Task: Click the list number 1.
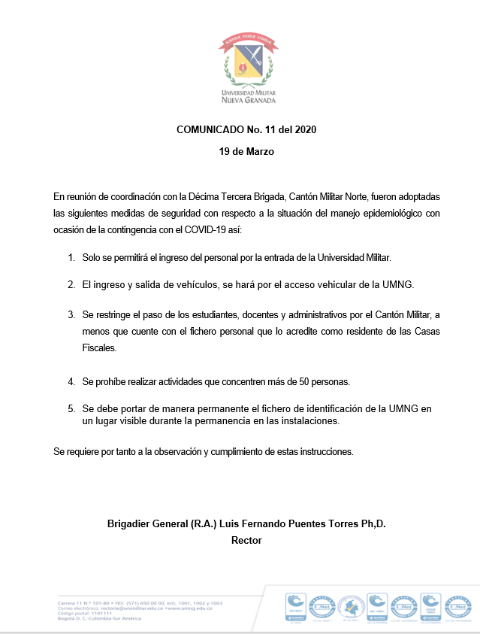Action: click(x=71, y=258)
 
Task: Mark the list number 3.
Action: click(x=71, y=314)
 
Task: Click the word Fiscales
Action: click(x=101, y=349)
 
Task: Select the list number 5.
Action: click(x=71, y=408)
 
